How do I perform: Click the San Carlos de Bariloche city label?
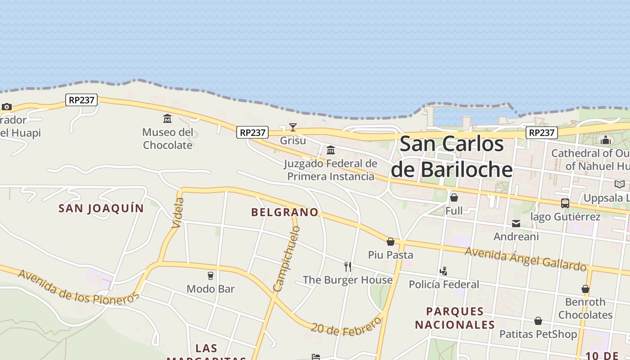pos(452,157)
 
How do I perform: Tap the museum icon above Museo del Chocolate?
pos(167,119)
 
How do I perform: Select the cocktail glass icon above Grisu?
pos(293,127)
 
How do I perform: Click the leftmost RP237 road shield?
pos(81,100)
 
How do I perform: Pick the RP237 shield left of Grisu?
pos(252,132)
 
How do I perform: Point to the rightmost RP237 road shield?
pos(542,133)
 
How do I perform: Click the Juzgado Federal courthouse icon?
pos(331,150)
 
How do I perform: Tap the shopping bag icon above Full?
pos(454,198)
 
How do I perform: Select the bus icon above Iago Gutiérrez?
pos(565,203)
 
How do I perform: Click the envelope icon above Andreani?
pos(516,224)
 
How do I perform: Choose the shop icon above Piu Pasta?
pos(391,242)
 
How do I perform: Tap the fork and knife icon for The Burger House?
pos(347,267)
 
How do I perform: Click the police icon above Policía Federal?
pos(444,271)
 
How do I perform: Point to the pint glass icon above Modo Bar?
pos(210,275)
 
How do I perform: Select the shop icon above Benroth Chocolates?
pos(585,289)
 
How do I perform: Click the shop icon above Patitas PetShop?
pos(538,321)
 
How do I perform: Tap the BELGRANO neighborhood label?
pos(284,212)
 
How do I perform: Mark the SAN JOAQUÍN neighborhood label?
pos(101,208)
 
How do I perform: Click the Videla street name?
pos(179,213)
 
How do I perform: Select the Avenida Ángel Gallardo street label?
pos(525,259)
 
